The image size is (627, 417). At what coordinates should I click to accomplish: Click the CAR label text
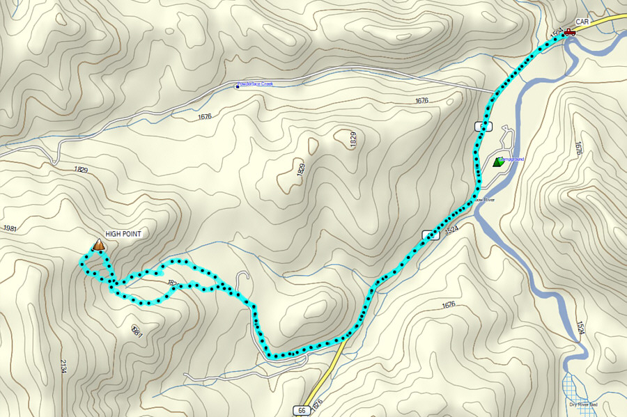tap(582, 22)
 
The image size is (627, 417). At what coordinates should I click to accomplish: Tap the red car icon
tap(569, 31)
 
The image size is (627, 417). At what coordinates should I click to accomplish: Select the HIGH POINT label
tap(123, 235)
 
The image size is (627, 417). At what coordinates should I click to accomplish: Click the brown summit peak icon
tap(99, 244)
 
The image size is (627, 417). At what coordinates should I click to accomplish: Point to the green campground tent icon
tap(497, 162)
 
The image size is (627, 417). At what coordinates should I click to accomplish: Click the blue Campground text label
tap(512, 159)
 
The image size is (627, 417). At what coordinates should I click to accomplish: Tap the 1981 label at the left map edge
tap(10, 229)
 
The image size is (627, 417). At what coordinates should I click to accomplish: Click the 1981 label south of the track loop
tap(137, 330)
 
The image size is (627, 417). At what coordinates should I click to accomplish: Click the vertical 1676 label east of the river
tap(578, 148)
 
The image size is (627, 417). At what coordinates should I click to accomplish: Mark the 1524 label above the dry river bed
tap(580, 328)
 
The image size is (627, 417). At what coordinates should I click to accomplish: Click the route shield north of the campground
tap(483, 126)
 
